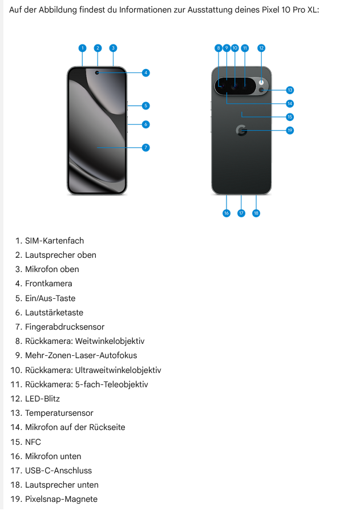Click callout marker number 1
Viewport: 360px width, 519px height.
click(x=83, y=48)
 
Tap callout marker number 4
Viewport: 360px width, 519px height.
click(x=145, y=73)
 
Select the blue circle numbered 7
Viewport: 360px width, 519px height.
click(x=145, y=148)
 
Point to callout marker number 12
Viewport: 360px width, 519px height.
click(x=261, y=48)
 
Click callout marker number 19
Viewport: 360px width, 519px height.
click(x=290, y=131)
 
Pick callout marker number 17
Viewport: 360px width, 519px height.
click(x=241, y=213)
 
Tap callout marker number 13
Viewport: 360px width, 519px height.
click(x=290, y=90)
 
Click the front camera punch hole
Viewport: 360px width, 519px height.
click(x=97, y=73)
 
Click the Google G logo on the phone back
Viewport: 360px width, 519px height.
click(x=241, y=131)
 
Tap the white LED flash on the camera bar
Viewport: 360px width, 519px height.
click(x=261, y=82)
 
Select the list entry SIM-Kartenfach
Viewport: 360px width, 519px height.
click(x=54, y=241)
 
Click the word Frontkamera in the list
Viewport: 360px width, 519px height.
click(x=48, y=283)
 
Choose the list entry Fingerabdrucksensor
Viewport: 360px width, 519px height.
click(x=64, y=327)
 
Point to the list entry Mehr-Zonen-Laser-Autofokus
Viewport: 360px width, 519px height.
click(x=81, y=355)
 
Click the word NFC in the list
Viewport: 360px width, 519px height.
click(x=33, y=442)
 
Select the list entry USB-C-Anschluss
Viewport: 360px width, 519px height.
click(x=58, y=471)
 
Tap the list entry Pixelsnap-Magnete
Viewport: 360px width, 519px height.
click(x=61, y=499)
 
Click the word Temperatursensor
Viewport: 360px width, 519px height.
click(x=59, y=413)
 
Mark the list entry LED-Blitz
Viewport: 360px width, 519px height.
click(x=42, y=399)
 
